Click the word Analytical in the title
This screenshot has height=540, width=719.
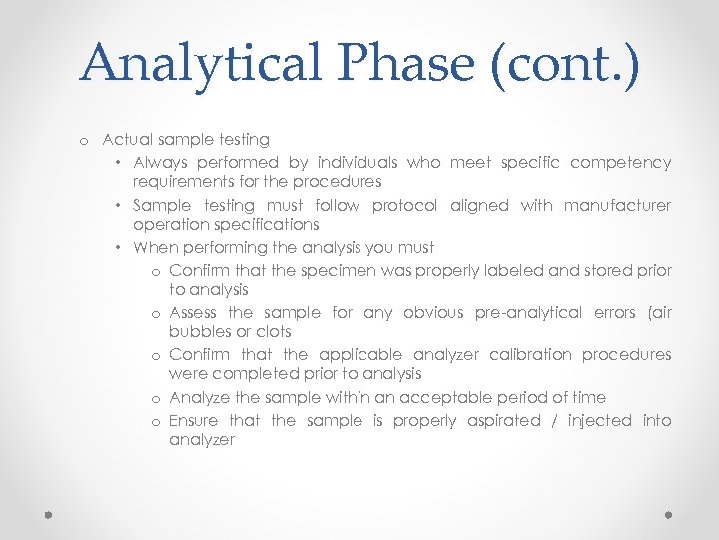[200, 63]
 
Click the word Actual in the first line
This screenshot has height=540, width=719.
[127, 140]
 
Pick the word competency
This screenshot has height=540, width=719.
[620, 162]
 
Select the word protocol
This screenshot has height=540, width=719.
[404, 205]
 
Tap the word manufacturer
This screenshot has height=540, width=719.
[617, 205]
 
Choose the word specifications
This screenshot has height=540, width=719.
[226, 225]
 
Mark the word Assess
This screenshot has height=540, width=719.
[193, 313]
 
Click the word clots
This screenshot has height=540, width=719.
[273, 332]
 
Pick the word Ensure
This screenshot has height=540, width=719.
[194, 421]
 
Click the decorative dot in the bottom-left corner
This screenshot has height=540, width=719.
[47, 513]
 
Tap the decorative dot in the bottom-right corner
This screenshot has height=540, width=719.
[670, 513]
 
